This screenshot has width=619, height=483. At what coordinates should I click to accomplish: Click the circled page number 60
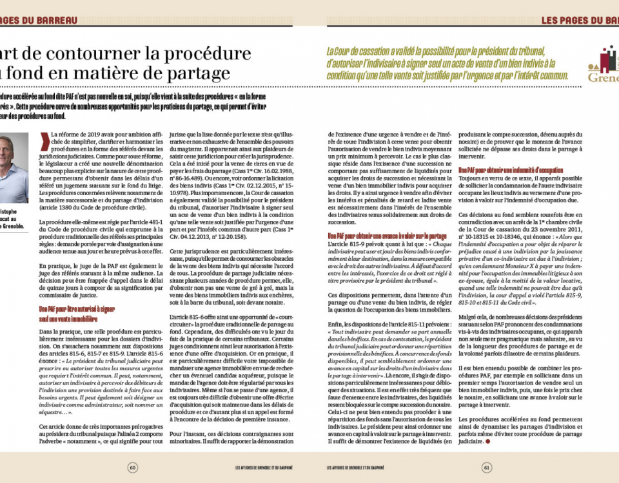[132, 468]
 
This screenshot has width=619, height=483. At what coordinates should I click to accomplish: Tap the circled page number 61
[487, 468]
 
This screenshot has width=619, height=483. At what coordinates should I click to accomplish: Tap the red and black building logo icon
[606, 61]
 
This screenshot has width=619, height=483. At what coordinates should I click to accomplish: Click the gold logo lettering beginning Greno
[603, 77]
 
